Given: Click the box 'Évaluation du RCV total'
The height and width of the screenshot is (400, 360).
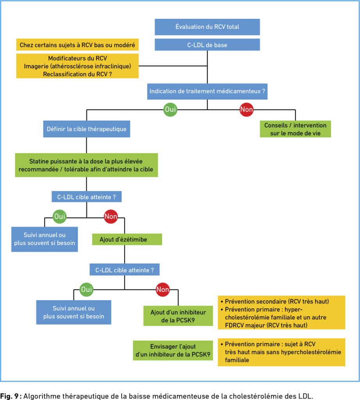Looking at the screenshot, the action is [207, 27].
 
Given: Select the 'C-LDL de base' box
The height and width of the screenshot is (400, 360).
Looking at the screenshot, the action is [207, 45].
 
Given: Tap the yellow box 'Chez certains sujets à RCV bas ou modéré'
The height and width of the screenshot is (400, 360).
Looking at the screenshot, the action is [77, 45].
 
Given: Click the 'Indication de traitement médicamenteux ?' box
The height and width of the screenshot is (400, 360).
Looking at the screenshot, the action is [207, 91].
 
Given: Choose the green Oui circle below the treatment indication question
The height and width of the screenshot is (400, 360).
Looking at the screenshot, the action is [170, 109].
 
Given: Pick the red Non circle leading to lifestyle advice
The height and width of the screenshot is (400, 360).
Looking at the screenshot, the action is [246, 109].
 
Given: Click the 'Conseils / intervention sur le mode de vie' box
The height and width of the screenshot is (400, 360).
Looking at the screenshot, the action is [295, 129].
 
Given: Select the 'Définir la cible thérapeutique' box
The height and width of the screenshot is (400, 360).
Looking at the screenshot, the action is [86, 129].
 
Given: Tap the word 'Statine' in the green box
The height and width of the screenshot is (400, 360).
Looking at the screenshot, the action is [39, 161].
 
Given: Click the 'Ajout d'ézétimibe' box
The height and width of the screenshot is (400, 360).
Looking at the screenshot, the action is [127, 239].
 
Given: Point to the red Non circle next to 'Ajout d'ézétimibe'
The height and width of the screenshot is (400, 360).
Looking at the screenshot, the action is [110, 216].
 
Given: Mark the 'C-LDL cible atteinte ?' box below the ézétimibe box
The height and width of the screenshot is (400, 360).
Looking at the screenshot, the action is [125, 270].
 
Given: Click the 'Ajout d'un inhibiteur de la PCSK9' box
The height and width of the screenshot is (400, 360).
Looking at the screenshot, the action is [178, 316].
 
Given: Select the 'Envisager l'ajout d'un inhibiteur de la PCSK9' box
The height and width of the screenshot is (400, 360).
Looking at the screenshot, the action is [173, 350].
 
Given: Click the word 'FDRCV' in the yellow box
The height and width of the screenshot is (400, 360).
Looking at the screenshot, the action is [235, 325].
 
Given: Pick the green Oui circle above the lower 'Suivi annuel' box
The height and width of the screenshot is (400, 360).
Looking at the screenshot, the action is [86, 289].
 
